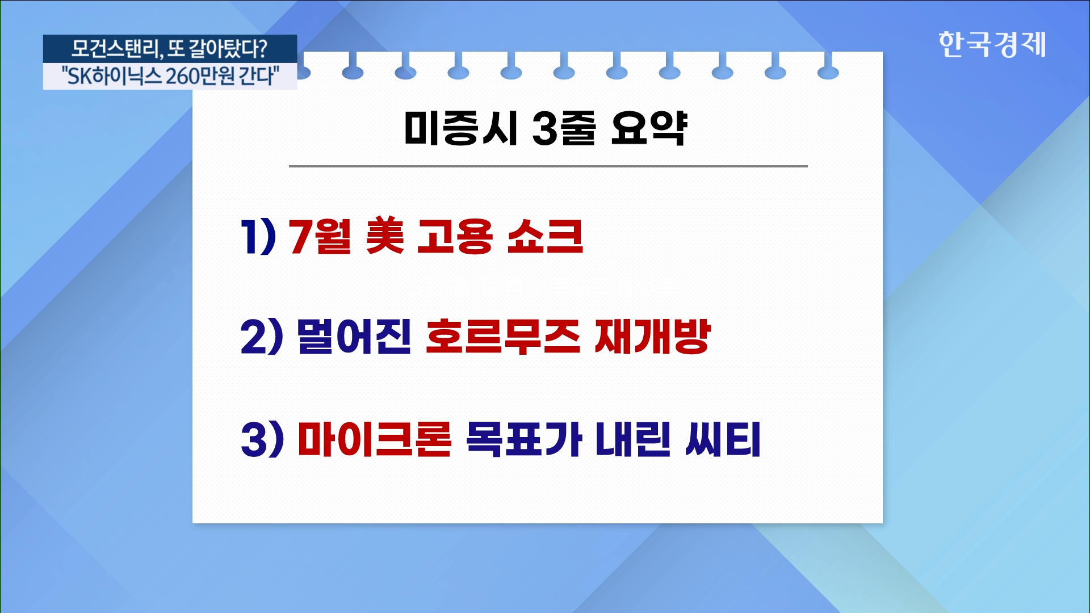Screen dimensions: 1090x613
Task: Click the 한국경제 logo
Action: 992,44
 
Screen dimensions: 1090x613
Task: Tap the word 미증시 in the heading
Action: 460,128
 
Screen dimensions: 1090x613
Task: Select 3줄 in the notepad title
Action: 564,128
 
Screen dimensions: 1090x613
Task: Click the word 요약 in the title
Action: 649,128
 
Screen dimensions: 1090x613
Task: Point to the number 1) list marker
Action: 258,236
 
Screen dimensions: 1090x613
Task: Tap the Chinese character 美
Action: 385,236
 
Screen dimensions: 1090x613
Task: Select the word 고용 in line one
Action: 455,236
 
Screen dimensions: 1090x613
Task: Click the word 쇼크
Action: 545,236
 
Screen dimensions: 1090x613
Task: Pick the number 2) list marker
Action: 262,337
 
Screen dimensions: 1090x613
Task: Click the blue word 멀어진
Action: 354,337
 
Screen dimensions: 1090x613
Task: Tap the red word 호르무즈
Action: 503,337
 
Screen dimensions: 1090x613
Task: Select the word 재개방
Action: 652,337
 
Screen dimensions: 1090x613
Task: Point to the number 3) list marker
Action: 262,439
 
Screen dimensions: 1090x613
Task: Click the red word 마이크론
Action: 375,439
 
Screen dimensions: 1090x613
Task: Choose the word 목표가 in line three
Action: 524,439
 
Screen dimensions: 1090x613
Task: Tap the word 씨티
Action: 723,439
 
